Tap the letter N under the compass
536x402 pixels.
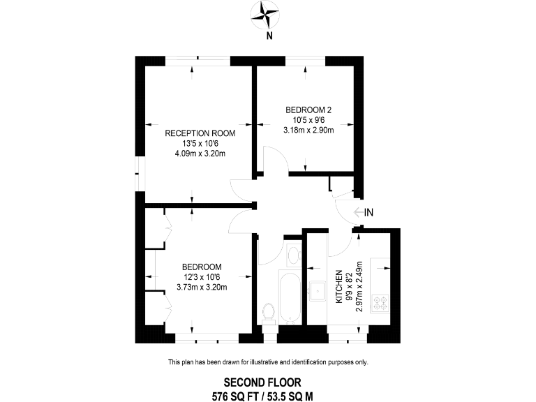click(x=269, y=37)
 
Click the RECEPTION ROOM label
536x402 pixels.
click(x=200, y=133)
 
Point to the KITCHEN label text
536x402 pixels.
click(x=340, y=287)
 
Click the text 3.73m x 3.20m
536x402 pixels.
click(x=202, y=287)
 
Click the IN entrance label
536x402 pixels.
click(x=369, y=212)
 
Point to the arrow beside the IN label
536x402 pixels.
click(x=357, y=212)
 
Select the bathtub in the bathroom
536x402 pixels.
click(x=289, y=297)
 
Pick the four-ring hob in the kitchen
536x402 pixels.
click(x=381, y=303)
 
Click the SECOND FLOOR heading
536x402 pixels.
click(x=262, y=382)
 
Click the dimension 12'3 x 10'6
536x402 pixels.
click(x=202, y=277)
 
